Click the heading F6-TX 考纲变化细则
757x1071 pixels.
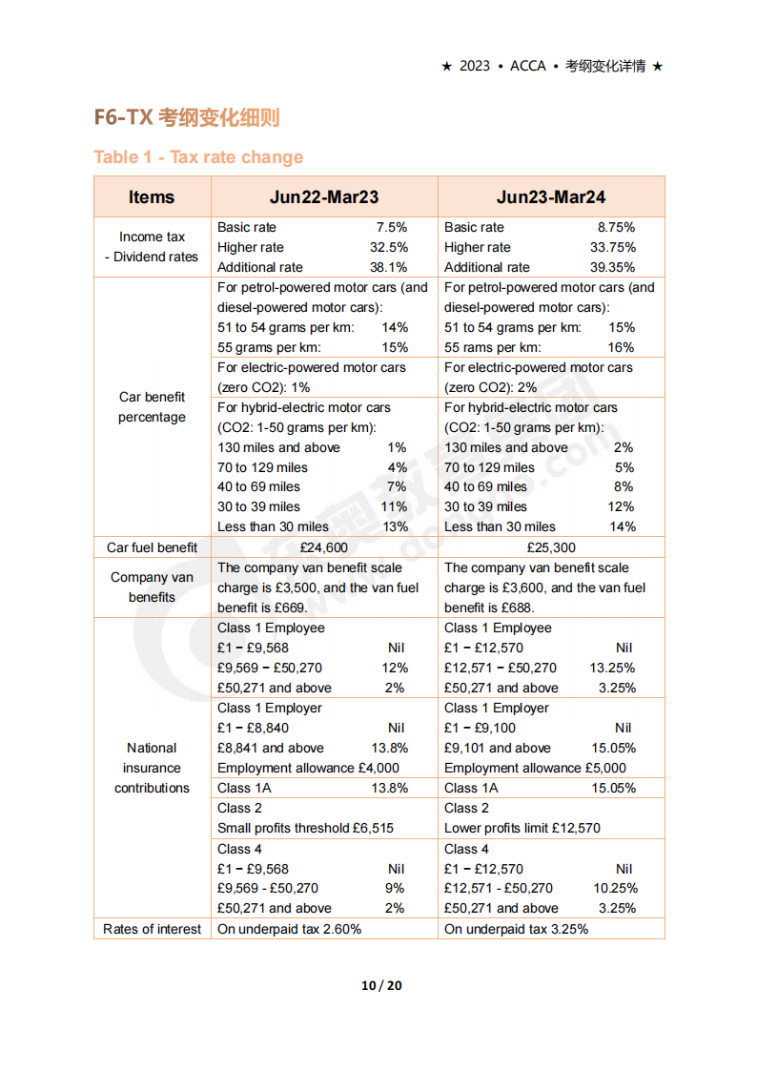pyautogui.click(x=187, y=118)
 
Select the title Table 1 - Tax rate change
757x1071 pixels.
pyautogui.click(x=198, y=157)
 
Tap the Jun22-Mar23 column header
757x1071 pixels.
pyautogui.click(x=324, y=197)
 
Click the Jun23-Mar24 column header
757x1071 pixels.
pyautogui.click(x=551, y=197)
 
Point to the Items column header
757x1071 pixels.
pyautogui.click(x=152, y=197)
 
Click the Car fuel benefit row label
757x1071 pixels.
pyautogui.click(x=152, y=547)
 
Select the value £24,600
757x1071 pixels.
pyautogui.click(x=324, y=547)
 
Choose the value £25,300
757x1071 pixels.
pyautogui.click(x=551, y=547)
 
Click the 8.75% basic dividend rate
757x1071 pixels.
pyautogui.click(x=616, y=228)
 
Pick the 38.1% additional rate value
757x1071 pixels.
pyautogui.click(x=388, y=268)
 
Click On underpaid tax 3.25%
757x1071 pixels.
pyautogui.click(x=516, y=929)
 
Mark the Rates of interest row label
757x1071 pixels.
pyautogui.click(x=152, y=929)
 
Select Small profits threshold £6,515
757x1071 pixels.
pyautogui.click(x=305, y=828)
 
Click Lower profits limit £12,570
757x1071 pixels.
pyautogui.click(x=522, y=828)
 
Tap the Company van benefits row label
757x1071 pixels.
pyautogui.click(x=152, y=587)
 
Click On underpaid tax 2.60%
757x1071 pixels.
pyautogui.click(x=289, y=929)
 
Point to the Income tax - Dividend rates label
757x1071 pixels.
pyautogui.click(x=152, y=247)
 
